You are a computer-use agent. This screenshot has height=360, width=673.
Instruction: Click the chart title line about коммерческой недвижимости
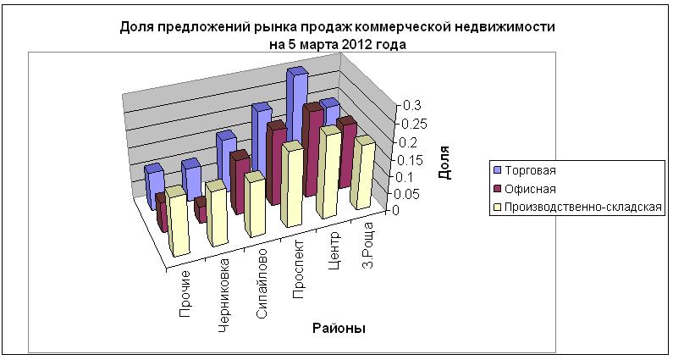click(338, 27)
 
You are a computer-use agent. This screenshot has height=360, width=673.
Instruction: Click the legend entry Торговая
click(532, 170)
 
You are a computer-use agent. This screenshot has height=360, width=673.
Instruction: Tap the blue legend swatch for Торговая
click(499, 170)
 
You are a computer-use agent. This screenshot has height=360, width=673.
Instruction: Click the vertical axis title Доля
click(444, 162)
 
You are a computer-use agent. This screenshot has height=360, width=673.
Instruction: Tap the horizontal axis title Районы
click(338, 329)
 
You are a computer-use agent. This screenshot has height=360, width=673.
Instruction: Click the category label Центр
click(333, 247)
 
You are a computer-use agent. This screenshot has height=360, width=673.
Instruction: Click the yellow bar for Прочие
click(178, 224)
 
